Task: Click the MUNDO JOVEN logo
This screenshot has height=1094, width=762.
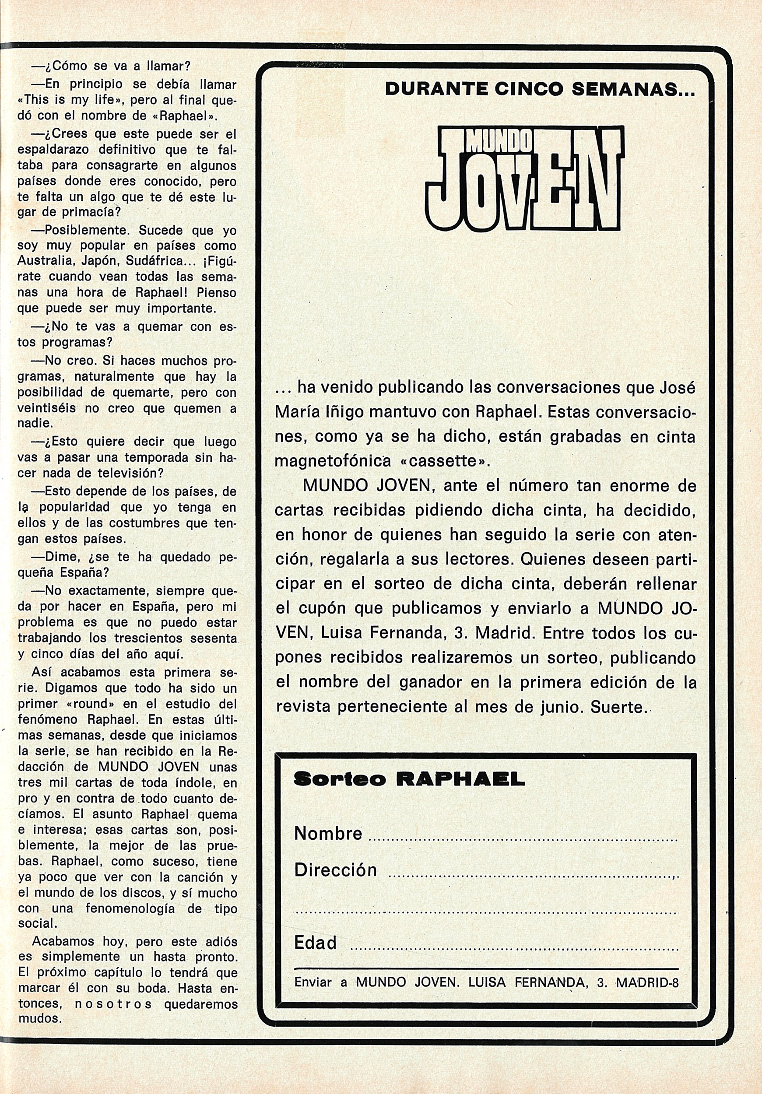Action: click(524, 177)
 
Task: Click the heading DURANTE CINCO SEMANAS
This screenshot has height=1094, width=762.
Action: click(540, 89)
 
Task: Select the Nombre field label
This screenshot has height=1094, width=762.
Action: click(328, 833)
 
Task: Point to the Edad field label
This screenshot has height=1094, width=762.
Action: click(316, 942)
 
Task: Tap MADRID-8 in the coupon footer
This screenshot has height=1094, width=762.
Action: click(647, 983)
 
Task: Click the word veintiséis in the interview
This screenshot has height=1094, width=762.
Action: click(45, 408)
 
